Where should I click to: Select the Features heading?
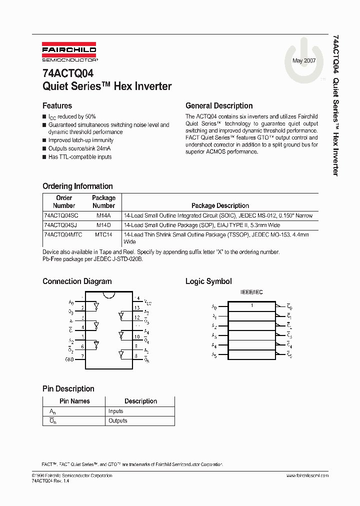pyautogui.click(x=57, y=105)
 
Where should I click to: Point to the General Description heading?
pyautogui.click(x=219, y=105)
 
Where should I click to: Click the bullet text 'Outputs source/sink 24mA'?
pyautogui.click(x=80, y=148)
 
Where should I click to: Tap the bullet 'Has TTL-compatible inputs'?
pyautogui.click(x=80, y=156)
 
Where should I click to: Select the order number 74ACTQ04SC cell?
pyautogui.click(x=61, y=215)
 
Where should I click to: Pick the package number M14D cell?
pyautogui.click(x=103, y=225)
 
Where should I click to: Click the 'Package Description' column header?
pyautogui.click(x=220, y=205)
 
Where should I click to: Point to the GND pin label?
pyautogui.click(x=69, y=359)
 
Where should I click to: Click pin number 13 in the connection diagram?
pyautogui.click(x=137, y=308)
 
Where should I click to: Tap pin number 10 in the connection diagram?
pyautogui.click(x=137, y=336)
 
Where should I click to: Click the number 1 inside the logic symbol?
pyautogui.click(x=252, y=305)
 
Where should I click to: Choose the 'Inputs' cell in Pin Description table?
pyautogui.click(x=115, y=411)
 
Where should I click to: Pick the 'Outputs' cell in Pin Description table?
pyautogui.click(x=118, y=421)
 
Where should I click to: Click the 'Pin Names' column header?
pyautogui.click(x=74, y=401)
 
